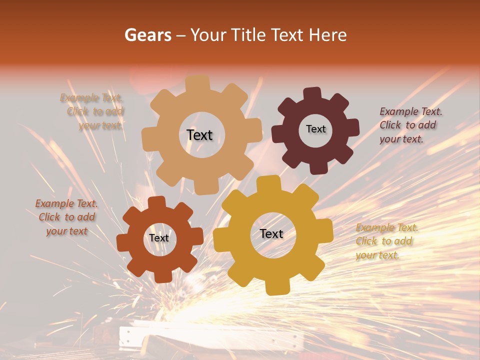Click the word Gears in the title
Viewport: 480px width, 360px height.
tap(147, 35)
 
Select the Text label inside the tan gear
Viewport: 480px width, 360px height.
tap(199, 135)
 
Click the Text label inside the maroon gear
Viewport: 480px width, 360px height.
tap(315, 129)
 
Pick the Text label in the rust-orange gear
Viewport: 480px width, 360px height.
tap(159, 238)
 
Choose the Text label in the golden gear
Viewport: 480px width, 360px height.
tap(271, 233)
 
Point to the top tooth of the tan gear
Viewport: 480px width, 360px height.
tap(197, 83)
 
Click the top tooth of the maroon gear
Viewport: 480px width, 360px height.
tap(312, 93)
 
